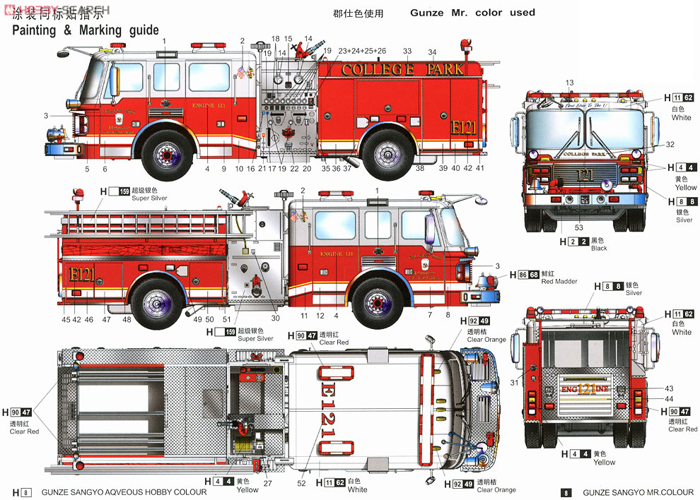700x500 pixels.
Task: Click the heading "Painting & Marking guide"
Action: click(x=86, y=30)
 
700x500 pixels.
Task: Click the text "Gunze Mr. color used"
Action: click(x=472, y=13)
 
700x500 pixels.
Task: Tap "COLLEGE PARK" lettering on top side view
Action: click(x=403, y=69)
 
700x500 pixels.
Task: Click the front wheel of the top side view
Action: click(x=167, y=155)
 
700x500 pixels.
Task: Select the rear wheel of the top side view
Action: click(x=387, y=154)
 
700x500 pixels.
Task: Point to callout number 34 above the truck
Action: click(x=432, y=52)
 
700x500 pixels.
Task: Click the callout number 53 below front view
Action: click(x=579, y=227)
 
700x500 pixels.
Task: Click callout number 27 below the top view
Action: click(x=267, y=483)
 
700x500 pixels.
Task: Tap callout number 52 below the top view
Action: click(x=303, y=483)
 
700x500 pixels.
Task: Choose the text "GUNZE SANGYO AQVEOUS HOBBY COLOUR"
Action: click(x=124, y=492)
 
